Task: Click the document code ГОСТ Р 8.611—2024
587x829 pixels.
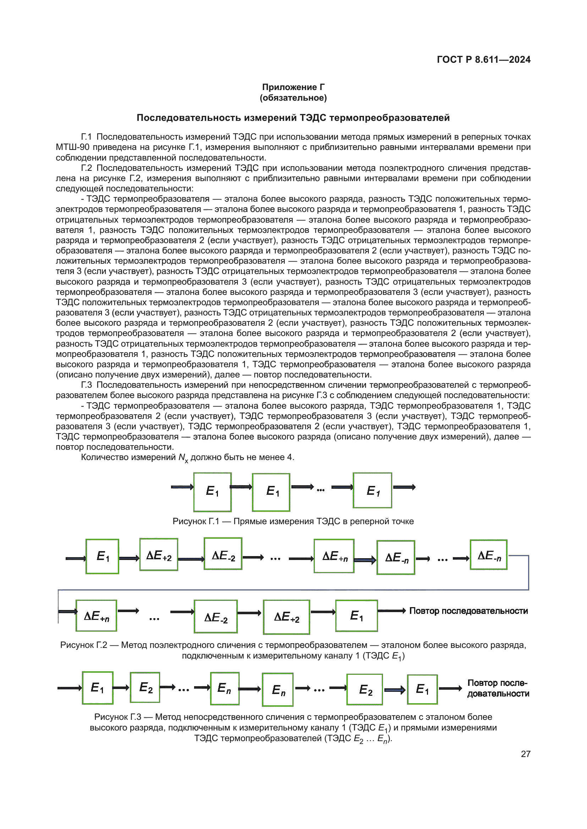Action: click(483, 60)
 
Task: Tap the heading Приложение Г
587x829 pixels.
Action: click(293, 87)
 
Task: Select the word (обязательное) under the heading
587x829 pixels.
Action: click(293, 98)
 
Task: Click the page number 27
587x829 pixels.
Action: click(526, 754)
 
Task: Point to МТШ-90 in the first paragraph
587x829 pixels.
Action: click(72, 147)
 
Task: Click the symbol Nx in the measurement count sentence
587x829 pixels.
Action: click(183, 458)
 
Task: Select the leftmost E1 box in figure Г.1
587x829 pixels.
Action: click(212, 492)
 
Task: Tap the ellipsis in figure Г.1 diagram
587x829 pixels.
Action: click(320, 490)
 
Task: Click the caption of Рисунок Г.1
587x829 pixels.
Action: click(293, 521)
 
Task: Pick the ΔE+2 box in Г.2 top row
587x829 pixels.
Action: click(159, 555)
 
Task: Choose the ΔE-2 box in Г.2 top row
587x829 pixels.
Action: click(223, 554)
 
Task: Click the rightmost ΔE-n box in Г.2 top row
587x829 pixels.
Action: click(489, 555)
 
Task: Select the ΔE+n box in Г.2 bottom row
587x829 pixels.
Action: click(96, 616)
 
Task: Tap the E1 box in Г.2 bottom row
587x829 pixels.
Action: click(356, 616)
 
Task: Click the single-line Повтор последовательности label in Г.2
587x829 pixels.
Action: click(468, 611)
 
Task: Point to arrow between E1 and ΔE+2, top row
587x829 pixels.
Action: click(129, 558)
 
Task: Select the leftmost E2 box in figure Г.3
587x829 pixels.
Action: click(145, 688)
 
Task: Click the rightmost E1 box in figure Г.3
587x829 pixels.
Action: click(422, 689)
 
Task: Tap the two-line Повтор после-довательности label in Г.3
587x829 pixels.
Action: click(498, 688)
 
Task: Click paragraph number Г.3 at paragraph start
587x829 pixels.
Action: click(86, 385)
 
